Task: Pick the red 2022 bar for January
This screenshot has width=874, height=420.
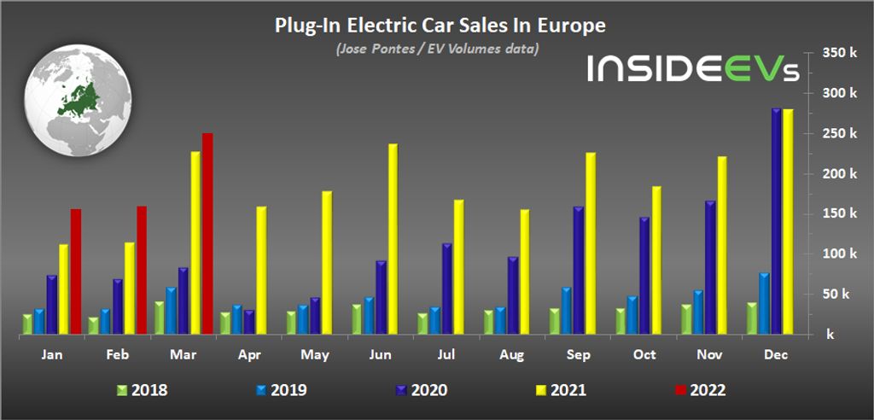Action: [75, 271]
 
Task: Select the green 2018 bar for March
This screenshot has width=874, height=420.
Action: [160, 317]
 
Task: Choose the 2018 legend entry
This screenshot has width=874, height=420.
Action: [141, 390]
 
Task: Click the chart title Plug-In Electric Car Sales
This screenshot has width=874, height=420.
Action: [440, 26]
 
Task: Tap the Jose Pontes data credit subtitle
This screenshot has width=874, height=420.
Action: [436, 49]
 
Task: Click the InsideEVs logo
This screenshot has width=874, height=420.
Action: [692, 68]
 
